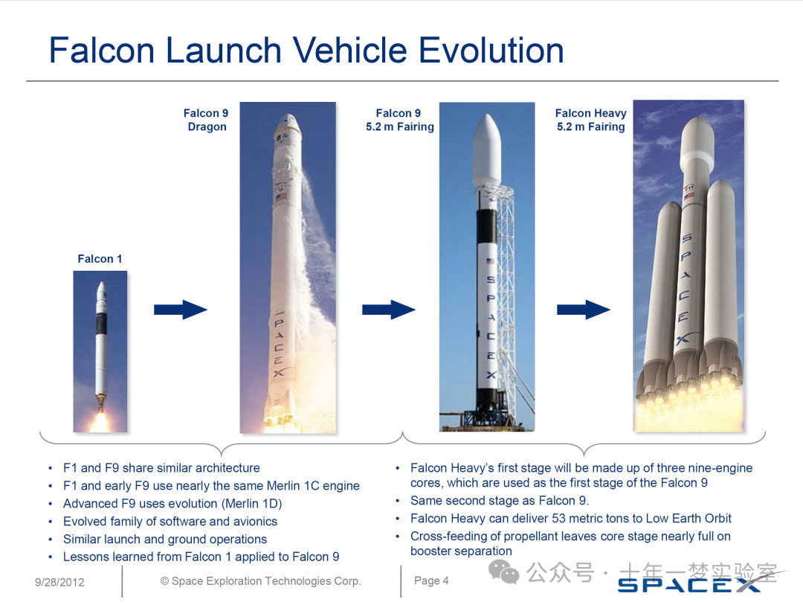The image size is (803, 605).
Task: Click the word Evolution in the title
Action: click(x=491, y=51)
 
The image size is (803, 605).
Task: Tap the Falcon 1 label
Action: click(x=100, y=259)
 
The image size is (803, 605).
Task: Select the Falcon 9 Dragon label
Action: click(x=206, y=120)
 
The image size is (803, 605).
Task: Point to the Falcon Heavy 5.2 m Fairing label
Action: click(x=591, y=120)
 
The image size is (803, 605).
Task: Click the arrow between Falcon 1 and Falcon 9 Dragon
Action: click(x=180, y=310)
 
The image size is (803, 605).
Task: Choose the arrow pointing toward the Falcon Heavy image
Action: click(x=584, y=310)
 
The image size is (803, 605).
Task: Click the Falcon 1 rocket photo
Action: click(x=100, y=351)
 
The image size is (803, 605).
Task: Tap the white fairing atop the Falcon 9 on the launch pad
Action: click(x=486, y=151)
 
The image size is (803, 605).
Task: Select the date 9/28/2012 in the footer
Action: click(x=59, y=582)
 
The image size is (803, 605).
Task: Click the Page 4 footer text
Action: click(x=431, y=580)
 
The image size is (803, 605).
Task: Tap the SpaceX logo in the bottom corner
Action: click(x=688, y=584)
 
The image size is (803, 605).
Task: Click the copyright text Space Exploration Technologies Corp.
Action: click(x=261, y=581)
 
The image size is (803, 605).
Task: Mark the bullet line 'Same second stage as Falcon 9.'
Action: click(x=500, y=500)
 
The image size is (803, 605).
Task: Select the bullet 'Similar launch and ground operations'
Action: click(x=165, y=540)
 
